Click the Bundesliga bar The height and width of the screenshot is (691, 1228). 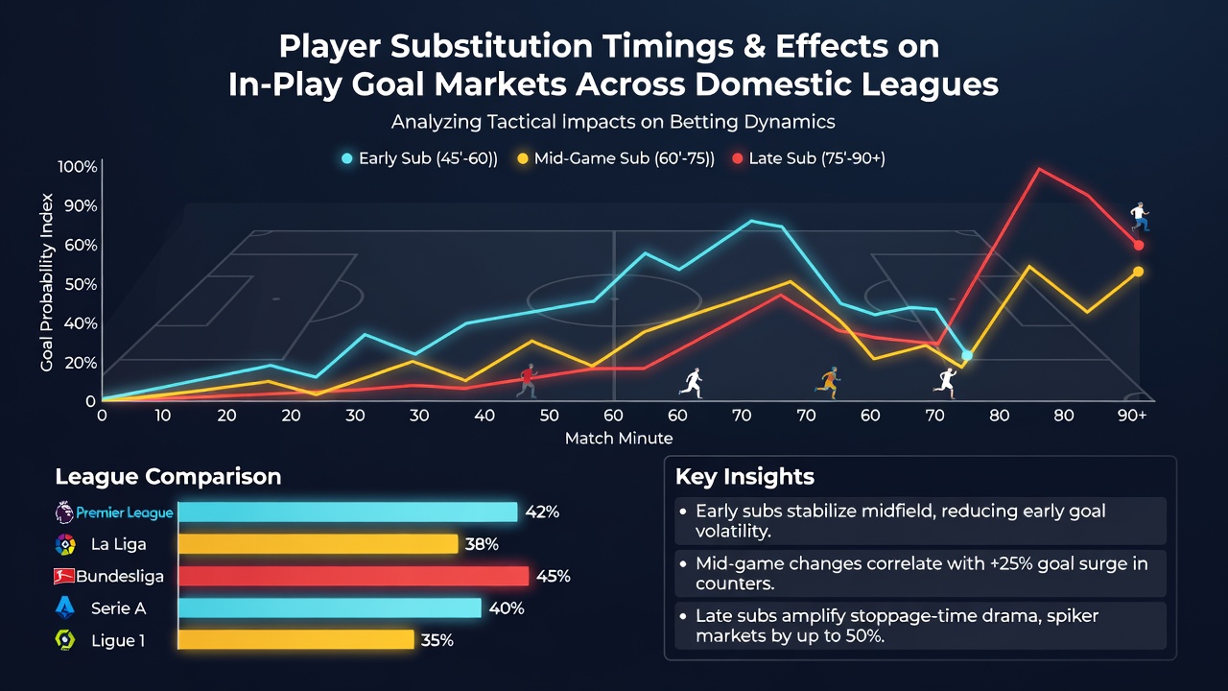pos(354,576)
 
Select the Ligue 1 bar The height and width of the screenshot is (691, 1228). pos(296,640)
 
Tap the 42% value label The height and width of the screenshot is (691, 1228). pos(542,512)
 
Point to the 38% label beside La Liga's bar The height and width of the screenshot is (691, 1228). pos(482,544)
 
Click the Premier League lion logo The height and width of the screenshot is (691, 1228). pos(64,512)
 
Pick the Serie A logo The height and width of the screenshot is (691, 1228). pos(65,608)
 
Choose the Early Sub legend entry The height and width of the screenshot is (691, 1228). pos(419,158)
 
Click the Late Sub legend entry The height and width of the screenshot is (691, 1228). pos(809,158)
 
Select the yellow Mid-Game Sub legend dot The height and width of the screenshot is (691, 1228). pos(523,159)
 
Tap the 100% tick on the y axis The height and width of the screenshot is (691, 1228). pos(78,167)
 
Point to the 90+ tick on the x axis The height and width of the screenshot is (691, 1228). pos(1131,416)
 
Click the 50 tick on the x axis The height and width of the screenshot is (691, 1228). pos(549,416)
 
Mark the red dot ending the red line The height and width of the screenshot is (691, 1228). pos(1139,245)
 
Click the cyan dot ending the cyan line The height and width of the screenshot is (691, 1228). pos(967,355)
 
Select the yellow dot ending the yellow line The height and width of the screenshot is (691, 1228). pos(1138,272)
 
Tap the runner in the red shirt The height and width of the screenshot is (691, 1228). pos(527,380)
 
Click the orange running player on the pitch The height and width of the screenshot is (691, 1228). pos(828,382)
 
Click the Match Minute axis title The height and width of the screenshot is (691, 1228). pos(619,439)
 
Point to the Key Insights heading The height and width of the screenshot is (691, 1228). pos(744,477)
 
